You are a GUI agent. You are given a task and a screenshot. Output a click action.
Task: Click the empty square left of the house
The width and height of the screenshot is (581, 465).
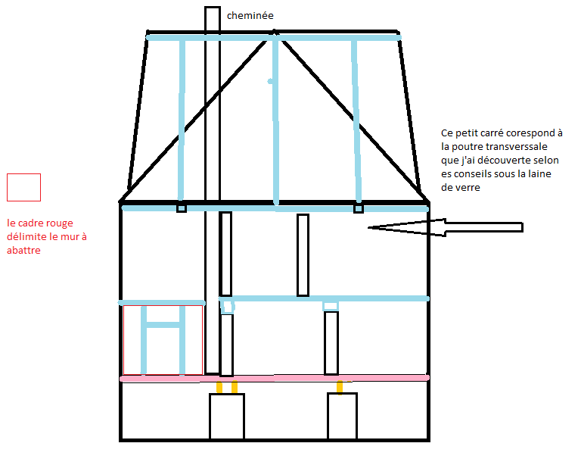(23, 187)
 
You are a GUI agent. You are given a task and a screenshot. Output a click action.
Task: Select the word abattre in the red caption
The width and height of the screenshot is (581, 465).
(23, 251)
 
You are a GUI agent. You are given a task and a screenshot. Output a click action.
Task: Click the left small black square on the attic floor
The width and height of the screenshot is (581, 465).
(182, 208)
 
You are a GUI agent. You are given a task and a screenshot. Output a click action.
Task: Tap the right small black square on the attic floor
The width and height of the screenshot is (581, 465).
(359, 208)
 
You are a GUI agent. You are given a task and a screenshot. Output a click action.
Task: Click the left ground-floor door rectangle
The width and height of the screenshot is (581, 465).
(227, 417)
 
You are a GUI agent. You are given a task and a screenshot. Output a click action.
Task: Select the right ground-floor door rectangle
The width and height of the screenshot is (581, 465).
(342, 417)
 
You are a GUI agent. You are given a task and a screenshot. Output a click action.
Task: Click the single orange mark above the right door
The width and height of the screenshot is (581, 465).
(340, 387)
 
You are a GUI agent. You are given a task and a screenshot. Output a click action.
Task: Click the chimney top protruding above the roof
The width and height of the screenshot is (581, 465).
(213, 19)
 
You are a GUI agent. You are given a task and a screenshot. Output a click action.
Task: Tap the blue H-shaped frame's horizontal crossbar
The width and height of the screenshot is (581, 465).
(163, 325)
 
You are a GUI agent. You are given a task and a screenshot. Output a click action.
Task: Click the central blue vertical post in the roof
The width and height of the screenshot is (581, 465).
(276, 121)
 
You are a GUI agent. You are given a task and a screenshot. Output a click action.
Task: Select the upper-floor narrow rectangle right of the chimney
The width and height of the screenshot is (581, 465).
(303, 255)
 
